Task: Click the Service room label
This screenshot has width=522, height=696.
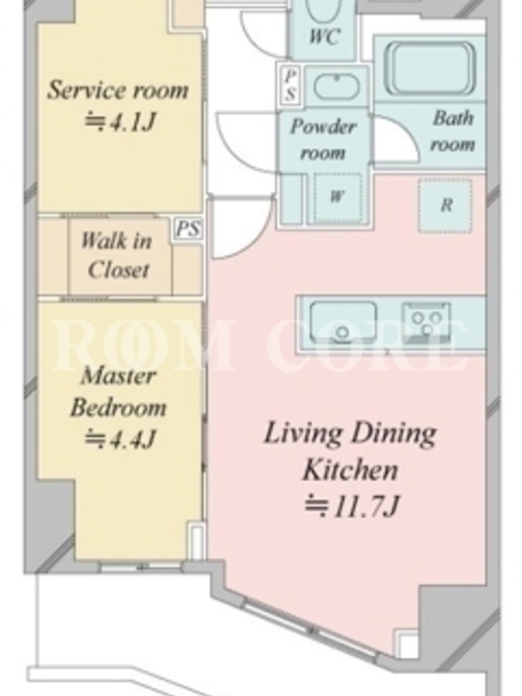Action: [117, 90]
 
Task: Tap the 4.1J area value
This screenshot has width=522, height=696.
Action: [120, 122]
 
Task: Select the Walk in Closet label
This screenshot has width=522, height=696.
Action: [117, 256]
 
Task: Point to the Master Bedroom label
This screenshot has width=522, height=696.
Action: [119, 391]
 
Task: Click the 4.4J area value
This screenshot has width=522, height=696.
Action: [120, 438]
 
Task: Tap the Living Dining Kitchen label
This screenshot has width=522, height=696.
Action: [351, 451]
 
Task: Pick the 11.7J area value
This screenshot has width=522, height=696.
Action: [352, 506]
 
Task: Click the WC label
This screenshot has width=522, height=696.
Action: [325, 37]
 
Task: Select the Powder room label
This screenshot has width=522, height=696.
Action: [323, 139]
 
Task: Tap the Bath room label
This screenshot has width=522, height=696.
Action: [452, 131]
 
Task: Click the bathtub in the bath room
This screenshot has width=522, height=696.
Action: [430, 68]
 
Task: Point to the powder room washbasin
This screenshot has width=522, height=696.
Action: [337, 85]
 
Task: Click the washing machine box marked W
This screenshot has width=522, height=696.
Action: [338, 197]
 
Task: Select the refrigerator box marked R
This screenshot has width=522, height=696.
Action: [445, 205]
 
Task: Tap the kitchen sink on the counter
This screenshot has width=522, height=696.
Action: [343, 323]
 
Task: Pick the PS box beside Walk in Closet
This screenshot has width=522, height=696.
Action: [188, 230]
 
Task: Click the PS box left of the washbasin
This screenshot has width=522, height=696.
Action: [290, 84]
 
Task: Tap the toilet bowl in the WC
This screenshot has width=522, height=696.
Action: [324, 10]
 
